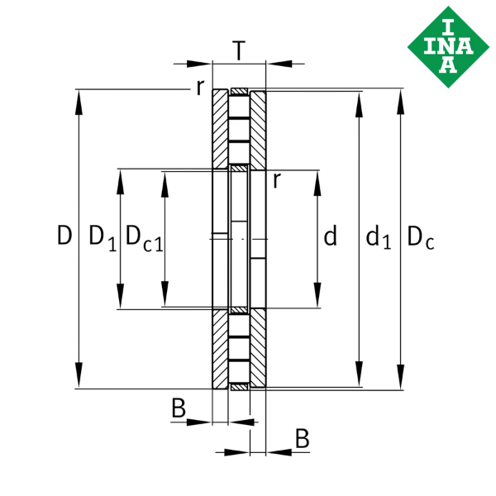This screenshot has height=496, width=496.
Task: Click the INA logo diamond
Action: [448, 47]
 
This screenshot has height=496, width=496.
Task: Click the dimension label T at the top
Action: [239, 50]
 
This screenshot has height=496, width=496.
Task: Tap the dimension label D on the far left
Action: [64, 235]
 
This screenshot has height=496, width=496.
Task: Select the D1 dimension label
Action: [103, 238]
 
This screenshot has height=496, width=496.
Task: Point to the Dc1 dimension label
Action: [145, 238]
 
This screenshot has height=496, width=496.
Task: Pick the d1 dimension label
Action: [379, 236]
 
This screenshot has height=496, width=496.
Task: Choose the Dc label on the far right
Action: [421, 237]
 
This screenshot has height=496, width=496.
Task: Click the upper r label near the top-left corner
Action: [200, 88]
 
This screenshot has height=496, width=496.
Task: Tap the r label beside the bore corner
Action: [277, 180]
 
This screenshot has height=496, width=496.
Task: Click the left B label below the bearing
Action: [179, 408]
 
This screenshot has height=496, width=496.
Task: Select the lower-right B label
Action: [302, 438]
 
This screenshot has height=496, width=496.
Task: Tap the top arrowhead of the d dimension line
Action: [317, 184]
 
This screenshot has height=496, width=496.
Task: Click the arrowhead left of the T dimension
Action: [199, 64]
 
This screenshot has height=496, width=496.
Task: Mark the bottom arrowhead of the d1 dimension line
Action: [359, 374]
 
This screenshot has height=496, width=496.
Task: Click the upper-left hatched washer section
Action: [220, 129]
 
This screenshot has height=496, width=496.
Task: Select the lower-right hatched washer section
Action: [258, 348]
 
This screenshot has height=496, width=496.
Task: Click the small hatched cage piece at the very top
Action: [239, 92]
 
